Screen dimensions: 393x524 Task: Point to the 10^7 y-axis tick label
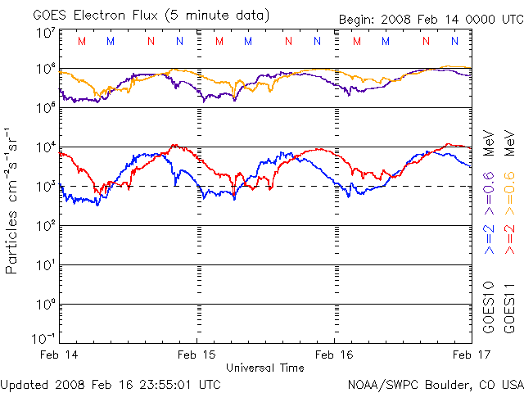point(45,32)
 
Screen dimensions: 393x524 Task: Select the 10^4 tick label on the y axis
point(45,147)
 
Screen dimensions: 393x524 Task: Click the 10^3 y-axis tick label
point(45,187)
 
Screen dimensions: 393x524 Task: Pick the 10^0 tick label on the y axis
point(45,305)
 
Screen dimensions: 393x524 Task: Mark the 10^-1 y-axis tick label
point(43,338)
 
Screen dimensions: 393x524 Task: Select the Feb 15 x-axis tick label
point(196,355)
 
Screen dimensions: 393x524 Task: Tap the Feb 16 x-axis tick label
point(334,355)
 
